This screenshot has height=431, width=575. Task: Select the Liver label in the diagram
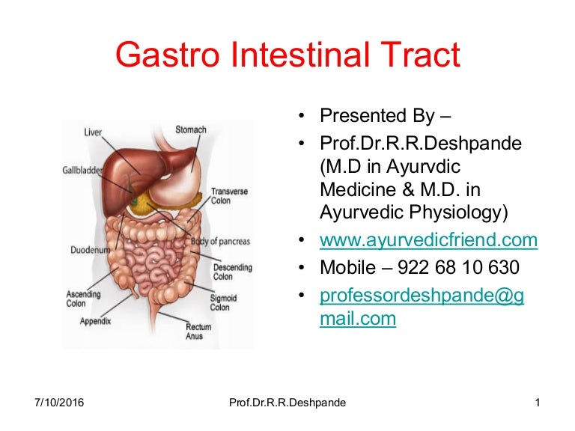pyautogui.click(x=93, y=132)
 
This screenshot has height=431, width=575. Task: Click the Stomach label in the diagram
pyautogui.click(x=191, y=129)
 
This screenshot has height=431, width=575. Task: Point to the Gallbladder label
pyautogui.click(x=83, y=171)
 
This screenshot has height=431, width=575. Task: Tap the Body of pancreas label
pyautogui.click(x=220, y=241)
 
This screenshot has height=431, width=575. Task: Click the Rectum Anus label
pyautogui.click(x=199, y=331)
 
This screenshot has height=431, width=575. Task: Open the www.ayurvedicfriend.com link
pyautogui.click(x=428, y=240)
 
